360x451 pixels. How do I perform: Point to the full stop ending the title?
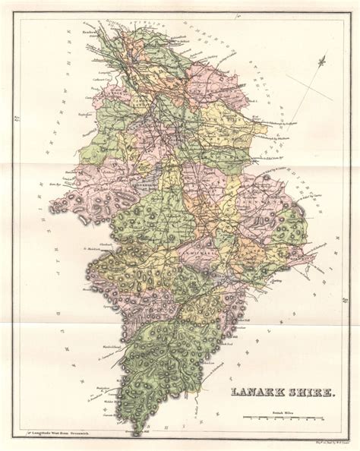[339, 395]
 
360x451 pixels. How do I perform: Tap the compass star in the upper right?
[323, 61]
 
